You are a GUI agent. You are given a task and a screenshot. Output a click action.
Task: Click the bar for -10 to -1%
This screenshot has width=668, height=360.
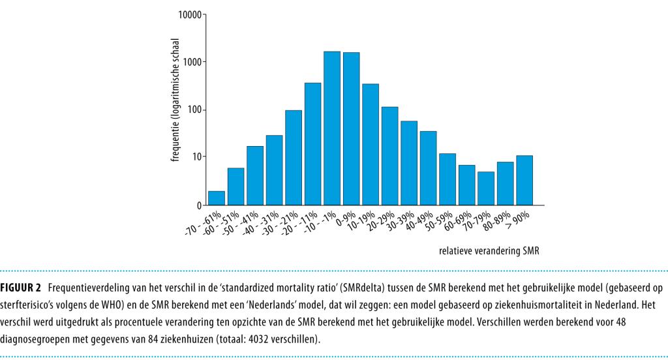(332, 128)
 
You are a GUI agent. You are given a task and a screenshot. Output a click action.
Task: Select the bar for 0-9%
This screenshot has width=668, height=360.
(351, 128)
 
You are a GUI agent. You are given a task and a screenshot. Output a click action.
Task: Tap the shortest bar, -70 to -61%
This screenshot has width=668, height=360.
(217, 198)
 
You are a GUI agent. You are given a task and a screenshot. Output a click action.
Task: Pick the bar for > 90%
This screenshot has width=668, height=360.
(524, 180)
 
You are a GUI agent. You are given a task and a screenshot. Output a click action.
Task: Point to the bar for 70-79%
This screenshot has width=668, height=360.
(486, 188)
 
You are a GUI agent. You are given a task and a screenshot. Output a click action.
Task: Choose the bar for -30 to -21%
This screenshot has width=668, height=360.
(294, 157)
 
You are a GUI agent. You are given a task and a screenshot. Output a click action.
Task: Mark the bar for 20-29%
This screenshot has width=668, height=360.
(389, 155)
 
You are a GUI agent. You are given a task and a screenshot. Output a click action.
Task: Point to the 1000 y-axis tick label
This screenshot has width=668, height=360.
(193, 62)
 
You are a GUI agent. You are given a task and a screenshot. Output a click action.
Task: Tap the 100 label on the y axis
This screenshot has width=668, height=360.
(195, 110)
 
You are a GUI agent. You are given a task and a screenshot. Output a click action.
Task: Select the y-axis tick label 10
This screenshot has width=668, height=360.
(198, 157)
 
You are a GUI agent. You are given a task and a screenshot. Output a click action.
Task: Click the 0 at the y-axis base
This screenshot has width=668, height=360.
(200, 205)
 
